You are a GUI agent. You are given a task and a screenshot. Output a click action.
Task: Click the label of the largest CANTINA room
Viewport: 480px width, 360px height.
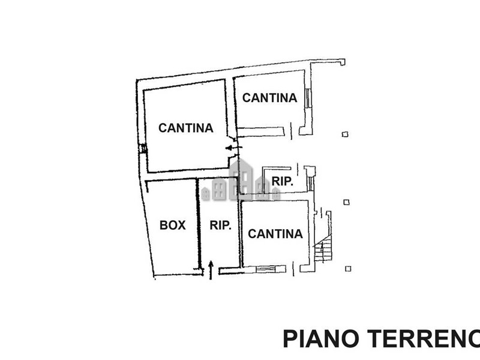[185, 128]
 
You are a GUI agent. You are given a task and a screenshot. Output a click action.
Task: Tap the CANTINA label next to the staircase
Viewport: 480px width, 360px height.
[275, 233]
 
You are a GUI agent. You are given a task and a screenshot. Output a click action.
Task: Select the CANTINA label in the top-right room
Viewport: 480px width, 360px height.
[270, 97]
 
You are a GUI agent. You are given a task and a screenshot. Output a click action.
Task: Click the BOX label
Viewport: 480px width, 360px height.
[172, 226]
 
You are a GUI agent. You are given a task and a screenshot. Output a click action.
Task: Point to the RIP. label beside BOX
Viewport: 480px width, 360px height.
[220, 226]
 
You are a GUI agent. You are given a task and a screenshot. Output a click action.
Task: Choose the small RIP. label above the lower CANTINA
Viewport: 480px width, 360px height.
[282, 182]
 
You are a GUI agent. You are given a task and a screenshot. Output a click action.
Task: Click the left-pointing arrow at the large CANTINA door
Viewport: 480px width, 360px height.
[232, 147]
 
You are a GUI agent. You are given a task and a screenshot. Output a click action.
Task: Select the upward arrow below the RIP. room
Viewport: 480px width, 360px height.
[211, 269]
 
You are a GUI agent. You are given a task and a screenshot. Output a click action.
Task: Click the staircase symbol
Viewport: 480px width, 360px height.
[323, 249]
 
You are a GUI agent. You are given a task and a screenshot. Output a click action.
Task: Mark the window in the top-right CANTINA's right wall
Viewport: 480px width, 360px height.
[308, 98]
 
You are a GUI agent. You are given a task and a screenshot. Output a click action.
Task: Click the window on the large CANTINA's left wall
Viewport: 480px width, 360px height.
[143, 149]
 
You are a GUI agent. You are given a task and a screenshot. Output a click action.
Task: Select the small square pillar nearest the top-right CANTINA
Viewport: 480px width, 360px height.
[344, 134]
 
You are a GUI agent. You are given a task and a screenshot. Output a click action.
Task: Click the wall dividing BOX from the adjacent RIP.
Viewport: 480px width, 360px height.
[199, 226]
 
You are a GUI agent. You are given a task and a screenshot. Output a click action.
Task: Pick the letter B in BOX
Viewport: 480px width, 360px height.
[163, 226]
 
